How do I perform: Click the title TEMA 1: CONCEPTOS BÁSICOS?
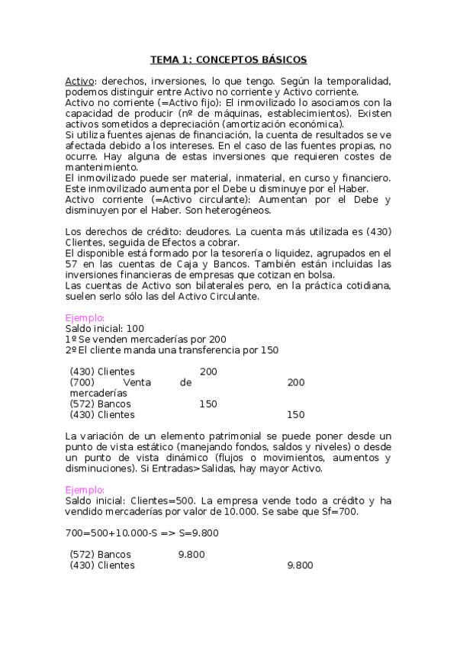click(x=228, y=59)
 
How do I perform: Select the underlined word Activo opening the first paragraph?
click(x=79, y=81)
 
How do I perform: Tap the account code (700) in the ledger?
click(x=83, y=382)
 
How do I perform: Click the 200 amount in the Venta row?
click(x=296, y=382)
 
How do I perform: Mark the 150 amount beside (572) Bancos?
click(x=208, y=404)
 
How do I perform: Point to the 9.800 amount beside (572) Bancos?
click(x=191, y=555)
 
